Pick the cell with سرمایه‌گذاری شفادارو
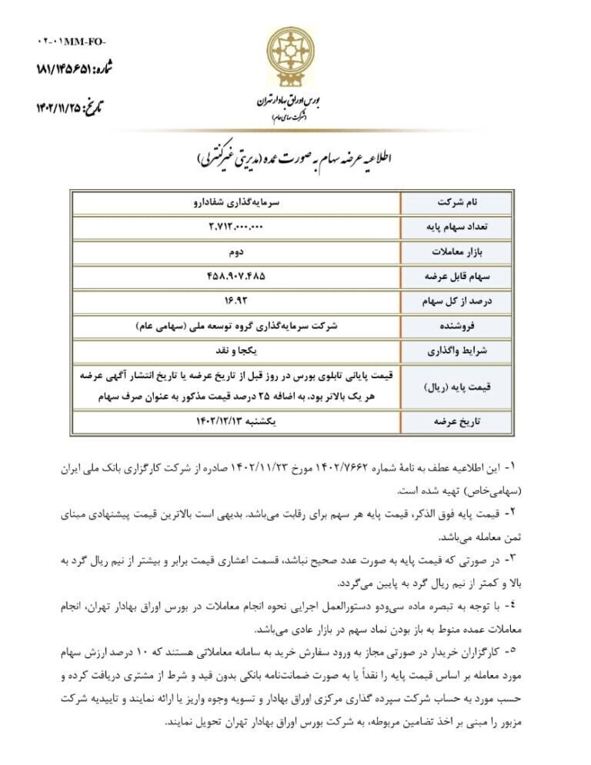[235, 202]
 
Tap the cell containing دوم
[235, 251]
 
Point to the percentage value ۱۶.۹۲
[235, 300]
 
